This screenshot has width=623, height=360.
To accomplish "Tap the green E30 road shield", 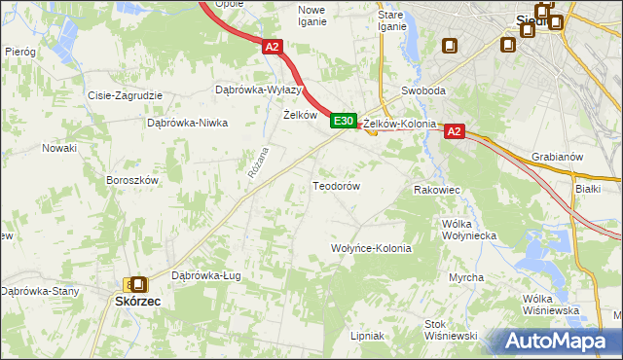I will [x=341, y=121].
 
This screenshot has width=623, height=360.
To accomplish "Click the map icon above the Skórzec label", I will [x=138, y=284].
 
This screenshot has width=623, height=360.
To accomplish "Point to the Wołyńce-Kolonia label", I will [x=372, y=248].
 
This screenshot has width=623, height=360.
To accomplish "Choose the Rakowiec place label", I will [x=436, y=190].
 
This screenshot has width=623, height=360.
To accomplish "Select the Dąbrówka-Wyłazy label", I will [x=253, y=90].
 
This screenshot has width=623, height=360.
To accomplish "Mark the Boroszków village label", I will [x=132, y=180].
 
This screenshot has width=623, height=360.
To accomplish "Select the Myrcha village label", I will [x=466, y=277].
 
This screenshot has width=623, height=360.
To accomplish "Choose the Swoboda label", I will [x=423, y=90].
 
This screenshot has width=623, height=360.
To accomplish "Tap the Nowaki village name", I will [x=58, y=148].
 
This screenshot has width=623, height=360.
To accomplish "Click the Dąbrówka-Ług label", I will [x=205, y=275].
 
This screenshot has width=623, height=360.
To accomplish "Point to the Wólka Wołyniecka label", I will [x=470, y=230].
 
